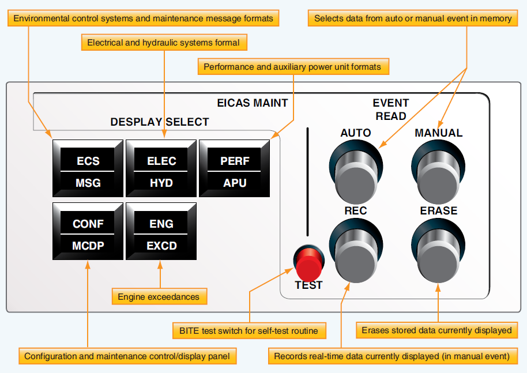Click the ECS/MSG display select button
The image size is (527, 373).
click(x=88, y=171)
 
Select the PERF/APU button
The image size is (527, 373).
click(x=234, y=171)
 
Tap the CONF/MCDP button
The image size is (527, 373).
click(x=88, y=234)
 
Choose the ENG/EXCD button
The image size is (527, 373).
click(x=161, y=234)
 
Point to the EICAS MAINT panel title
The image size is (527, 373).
click(x=252, y=103)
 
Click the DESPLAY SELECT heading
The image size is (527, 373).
click(x=160, y=122)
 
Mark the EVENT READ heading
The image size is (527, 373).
click(x=390, y=110)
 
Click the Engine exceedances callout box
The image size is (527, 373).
click(x=159, y=297)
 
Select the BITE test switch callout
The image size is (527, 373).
click(x=249, y=331)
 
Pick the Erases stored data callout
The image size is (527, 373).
click(x=436, y=330)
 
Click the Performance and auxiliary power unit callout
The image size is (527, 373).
click(x=292, y=67)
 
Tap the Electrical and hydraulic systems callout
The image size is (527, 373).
click(x=164, y=43)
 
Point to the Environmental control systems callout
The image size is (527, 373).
click(x=143, y=18)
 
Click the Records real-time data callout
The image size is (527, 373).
click(x=392, y=356)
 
